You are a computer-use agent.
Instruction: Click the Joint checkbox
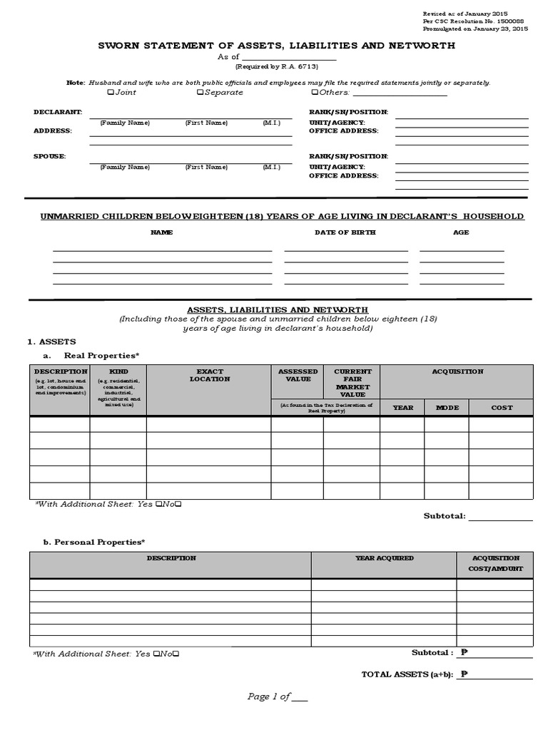point(109,93)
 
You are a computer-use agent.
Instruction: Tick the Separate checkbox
point(200,93)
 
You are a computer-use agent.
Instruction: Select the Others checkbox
point(315,93)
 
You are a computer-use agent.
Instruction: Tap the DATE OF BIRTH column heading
point(345,232)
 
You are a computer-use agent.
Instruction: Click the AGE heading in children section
point(461,232)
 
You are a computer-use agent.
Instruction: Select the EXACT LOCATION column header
point(209,375)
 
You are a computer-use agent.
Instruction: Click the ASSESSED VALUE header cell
point(297,375)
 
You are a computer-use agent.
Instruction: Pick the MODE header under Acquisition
point(447,408)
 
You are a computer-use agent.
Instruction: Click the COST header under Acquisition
point(502,408)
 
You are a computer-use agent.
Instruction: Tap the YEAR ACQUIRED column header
point(384,558)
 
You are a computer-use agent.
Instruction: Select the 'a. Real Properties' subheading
point(91,354)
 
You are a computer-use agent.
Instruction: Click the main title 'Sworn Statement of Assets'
point(276,46)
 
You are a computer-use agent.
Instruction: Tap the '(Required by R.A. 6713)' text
point(277,67)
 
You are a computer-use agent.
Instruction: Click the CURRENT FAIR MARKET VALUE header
point(352,383)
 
